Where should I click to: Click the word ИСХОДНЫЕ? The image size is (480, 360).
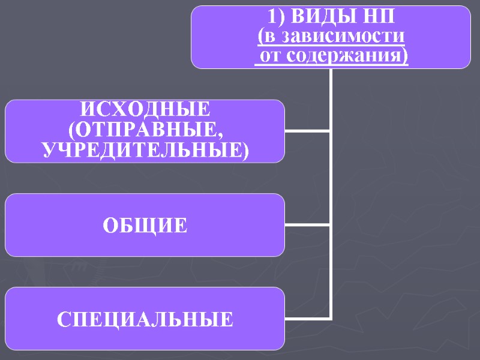click(146, 111)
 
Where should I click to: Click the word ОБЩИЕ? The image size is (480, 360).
click(145, 226)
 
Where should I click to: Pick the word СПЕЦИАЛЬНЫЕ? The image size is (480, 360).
click(145, 319)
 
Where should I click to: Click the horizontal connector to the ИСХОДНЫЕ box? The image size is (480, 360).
click(307, 131)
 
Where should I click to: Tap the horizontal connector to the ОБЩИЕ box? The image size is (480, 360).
click(307, 225)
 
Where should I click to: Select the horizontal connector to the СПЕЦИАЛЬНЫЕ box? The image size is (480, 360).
click(307, 319)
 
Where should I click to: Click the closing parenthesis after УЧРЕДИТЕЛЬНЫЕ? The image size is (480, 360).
click(244, 151)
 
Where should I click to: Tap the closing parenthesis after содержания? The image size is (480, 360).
click(403, 57)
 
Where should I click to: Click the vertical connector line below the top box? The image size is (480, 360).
click(331, 180)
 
